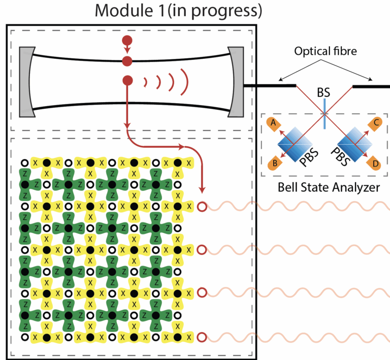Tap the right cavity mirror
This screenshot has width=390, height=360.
(x=236, y=81)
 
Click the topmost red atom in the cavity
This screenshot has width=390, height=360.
(x=127, y=40)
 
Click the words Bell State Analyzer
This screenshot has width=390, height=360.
(x=329, y=187)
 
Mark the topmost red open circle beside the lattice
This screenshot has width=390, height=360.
(x=202, y=207)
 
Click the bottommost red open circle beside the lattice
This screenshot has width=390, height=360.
(x=202, y=337)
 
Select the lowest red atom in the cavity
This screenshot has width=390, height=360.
(x=127, y=80)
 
